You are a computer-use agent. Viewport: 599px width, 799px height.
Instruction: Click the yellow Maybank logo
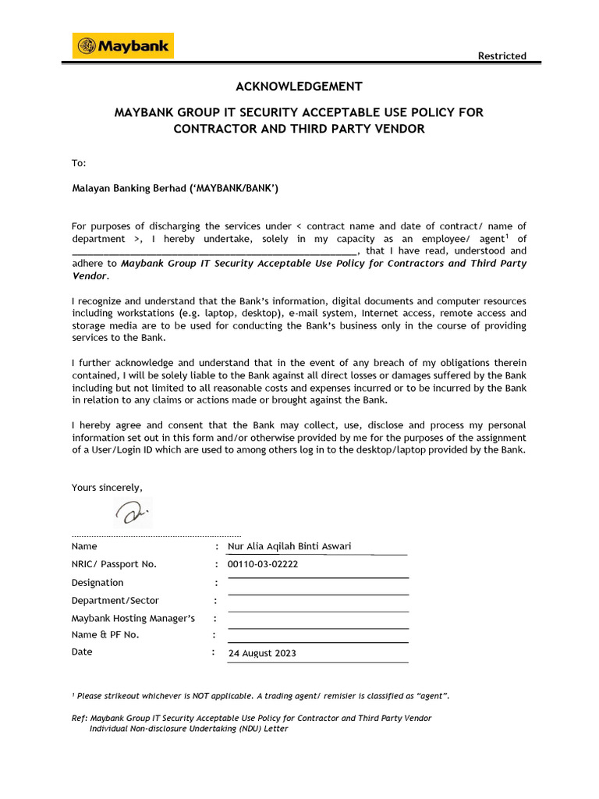(122, 46)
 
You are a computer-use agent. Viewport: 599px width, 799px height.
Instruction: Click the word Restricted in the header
(502, 55)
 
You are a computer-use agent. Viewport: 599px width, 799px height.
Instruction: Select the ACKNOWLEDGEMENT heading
(299, 87)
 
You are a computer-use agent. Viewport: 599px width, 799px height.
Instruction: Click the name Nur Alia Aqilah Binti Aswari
(289, 546)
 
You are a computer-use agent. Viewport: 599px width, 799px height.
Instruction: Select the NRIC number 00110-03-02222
(262, 564)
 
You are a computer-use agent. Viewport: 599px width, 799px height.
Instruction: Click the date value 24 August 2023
(262, 653)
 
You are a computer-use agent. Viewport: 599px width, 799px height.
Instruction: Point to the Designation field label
(97, 582)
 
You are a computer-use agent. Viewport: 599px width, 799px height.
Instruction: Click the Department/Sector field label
(115, 600)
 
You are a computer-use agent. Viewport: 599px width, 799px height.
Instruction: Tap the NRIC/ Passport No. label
(114, 564)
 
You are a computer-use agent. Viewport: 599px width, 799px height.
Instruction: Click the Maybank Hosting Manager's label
(133, 618)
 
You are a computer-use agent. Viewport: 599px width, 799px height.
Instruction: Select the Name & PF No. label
(105, 634)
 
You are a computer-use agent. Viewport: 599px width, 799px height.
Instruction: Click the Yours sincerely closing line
(107, 487)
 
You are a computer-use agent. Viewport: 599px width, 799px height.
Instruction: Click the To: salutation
(79, 163)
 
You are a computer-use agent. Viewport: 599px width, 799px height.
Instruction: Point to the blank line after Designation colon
(317, 577)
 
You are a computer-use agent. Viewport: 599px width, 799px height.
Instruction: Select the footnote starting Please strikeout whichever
(261, 695)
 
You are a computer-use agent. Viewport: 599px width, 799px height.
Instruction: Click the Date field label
(82, 652)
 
